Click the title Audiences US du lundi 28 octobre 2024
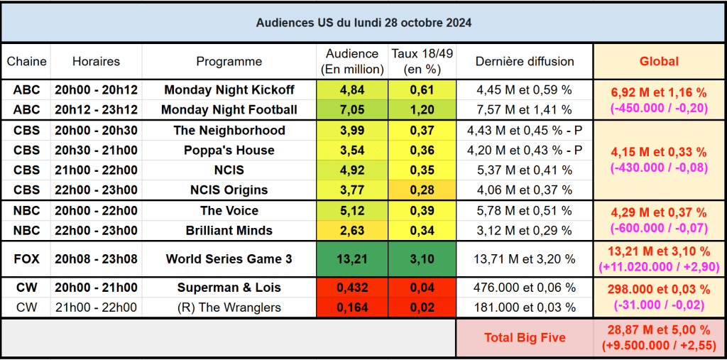click(x=363, y=22)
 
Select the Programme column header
click(x=229, y=61)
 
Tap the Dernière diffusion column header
click(x=525, y=61)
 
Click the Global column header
click(x=659, y=61)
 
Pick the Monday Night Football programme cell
click(x=229, y=109)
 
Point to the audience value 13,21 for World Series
click(x=351, y=258)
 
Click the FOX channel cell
click(x=26, y=258)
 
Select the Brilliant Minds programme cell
click(x=229, y=230)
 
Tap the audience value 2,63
click(x=351, y=230)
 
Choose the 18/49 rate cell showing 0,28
click(x=422, y=190)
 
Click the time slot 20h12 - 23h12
click(x=96, y=109)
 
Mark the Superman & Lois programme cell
click(x=229, y=288)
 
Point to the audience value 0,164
click(x=351, y=307)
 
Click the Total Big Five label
click(x=525, y=337)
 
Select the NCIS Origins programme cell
click(x=229, y=190)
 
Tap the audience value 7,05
click(x=351, y=109)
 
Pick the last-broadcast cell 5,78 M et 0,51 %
click(x=525, y=211)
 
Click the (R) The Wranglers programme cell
click(x=229, y=307)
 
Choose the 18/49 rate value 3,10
click(x=422, y=258)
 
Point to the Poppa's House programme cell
click(x=229, y=150)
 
